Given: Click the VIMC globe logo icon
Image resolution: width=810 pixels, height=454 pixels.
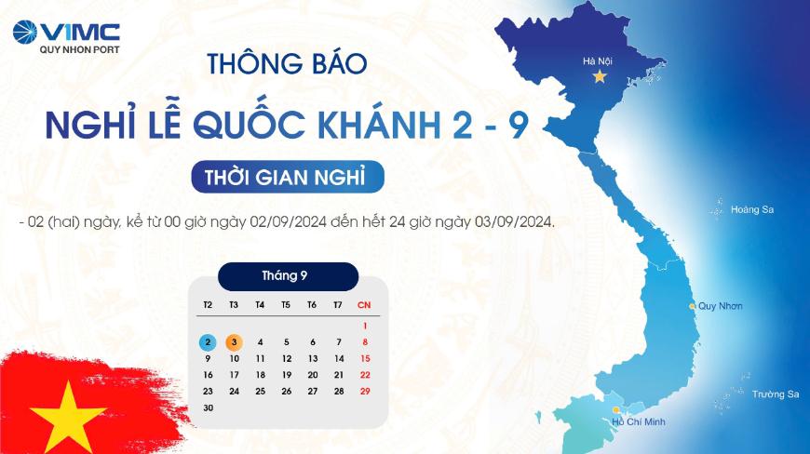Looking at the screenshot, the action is (x=25, y=33).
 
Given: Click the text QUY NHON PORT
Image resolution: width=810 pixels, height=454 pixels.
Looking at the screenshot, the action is (x=79, y=50).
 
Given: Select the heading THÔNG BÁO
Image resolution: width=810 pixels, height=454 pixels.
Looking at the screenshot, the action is (x=287, y=63).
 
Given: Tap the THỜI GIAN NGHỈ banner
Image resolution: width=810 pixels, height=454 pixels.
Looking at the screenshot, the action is (x=288, y=177).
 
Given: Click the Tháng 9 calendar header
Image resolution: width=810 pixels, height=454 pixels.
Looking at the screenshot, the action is (x=289, y=276).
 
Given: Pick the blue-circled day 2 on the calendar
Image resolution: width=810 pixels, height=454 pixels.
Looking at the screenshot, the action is (x=208, y=342).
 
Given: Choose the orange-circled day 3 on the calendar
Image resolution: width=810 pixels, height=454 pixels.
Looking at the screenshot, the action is (x=234, y=342).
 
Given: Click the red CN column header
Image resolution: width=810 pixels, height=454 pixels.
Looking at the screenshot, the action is (x=364, y=305).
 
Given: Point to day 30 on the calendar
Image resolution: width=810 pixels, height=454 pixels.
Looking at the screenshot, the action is (x=209, y=407).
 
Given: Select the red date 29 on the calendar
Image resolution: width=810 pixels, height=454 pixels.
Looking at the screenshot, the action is (x=365, y=391).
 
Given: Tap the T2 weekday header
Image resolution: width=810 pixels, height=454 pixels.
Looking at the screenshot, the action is (x=208, y=305).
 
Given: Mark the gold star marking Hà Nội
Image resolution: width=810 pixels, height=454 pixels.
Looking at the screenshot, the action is (x=600, y=76).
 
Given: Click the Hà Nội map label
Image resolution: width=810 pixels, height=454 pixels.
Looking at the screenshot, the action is (x=597, y=60).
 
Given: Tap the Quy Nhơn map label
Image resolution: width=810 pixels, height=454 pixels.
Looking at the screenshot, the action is (x=720, y=306).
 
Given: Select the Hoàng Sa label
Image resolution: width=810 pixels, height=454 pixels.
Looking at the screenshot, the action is (x=752, y=209).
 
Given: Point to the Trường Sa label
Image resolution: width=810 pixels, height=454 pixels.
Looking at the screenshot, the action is (x=776, y=394).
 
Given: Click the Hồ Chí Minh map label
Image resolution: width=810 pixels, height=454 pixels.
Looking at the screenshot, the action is (x=639, y=421).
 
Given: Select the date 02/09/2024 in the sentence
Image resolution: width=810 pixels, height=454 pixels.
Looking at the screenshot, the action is (x=289, y=221).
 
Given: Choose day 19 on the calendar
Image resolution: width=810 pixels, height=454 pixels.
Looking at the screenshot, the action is (x=287, y=375).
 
